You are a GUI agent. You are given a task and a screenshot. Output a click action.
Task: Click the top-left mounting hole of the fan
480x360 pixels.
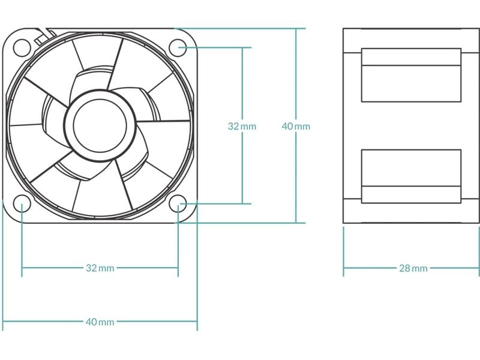pyautogui.click(x=22, y=46)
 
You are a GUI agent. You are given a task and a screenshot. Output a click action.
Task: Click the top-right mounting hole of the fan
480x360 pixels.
pyautogui.click(x=178, y=46)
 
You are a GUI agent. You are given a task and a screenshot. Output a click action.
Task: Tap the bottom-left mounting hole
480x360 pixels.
pyautogui.click(x=22, y=204)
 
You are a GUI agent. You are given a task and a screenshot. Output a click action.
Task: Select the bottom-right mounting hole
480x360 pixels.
pyautogui.click(x=178, y=204)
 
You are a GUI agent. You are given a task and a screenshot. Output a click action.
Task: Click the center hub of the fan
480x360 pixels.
pyautogui.click(x=100, y=125)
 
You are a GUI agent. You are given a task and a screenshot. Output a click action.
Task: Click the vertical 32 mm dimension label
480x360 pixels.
pyautogui.click(x=242, y=126)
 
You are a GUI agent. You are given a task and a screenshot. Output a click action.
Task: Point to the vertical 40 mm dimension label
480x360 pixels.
pyautogui.click(x=296, y=126)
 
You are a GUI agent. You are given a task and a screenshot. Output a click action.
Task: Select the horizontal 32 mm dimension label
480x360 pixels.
pyautogui.click(x=100, y=268)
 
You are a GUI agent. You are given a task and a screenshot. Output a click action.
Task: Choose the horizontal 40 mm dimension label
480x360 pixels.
pyautogui.click(x=100, y=322)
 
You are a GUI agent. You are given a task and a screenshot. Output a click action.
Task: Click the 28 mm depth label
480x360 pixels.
pyautogui.click(x=413, y=268)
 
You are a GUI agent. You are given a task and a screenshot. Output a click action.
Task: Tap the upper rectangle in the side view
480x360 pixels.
pyautogui.click(x=411, y=75)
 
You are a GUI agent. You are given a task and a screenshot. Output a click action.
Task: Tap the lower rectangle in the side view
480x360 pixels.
pyautogui.click(x=411, y=176)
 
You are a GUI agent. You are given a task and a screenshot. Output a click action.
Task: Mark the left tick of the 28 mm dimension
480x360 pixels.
pyautogui.click(x=343, y=268)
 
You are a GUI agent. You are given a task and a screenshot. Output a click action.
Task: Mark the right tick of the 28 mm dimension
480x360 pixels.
pyautogui.click(x=479, y=268)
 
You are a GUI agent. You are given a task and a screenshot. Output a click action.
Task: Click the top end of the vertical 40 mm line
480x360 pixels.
pyautogui.click(x=296, y=28)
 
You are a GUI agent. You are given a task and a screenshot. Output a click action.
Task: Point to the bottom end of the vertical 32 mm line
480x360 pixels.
pyautogui.click(x=242, y=204)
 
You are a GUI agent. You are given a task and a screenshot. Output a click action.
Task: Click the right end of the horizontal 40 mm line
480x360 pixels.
pyautogui.click(x=197, y=322)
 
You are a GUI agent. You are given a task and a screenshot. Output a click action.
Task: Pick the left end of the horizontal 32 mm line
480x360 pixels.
pyautogui.click(x=22, y=268)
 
